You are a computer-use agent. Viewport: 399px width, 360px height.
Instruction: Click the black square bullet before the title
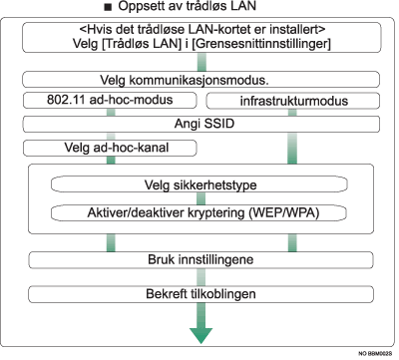click(x=120, y=10)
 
